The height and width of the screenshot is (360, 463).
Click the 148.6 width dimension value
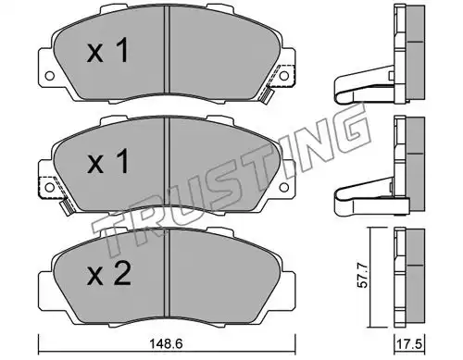(166, 343)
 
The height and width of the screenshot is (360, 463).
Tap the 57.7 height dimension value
(363, 276)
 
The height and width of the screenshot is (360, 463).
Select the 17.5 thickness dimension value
(411, 344)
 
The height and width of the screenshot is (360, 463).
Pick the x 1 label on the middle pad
(107, 161)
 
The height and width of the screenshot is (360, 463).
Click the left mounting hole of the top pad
(49, 76)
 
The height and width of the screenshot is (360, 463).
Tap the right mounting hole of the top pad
(284, 76)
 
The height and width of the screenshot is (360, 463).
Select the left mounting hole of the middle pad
(49, 187)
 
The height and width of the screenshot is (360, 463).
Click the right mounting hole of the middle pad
(284, 187)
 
